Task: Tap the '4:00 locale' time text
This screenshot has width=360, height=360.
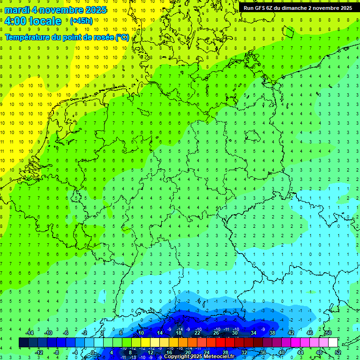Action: point(32,21)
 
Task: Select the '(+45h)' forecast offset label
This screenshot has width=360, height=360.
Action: point(81,21)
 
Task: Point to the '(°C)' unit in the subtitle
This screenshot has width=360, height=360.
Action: point(122,37)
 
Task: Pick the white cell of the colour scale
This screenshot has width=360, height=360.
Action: point(333,343)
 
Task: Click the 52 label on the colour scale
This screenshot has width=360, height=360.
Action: point(337,352)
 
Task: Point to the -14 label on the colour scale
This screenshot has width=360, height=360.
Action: point(30,333)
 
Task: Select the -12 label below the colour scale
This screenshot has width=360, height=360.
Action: point(39,352)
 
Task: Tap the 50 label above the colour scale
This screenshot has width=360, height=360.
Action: point(328,333)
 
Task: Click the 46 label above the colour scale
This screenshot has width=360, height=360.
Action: point(309,333)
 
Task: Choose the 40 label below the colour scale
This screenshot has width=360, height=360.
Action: point(281,352)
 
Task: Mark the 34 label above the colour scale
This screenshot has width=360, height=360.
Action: point(253,333)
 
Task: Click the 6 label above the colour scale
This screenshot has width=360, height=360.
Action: point(121,333)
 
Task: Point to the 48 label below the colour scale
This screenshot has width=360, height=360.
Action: point(319,352)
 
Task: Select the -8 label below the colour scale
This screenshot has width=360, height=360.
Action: point(57,352)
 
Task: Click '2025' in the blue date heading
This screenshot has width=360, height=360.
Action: point(94,10)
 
